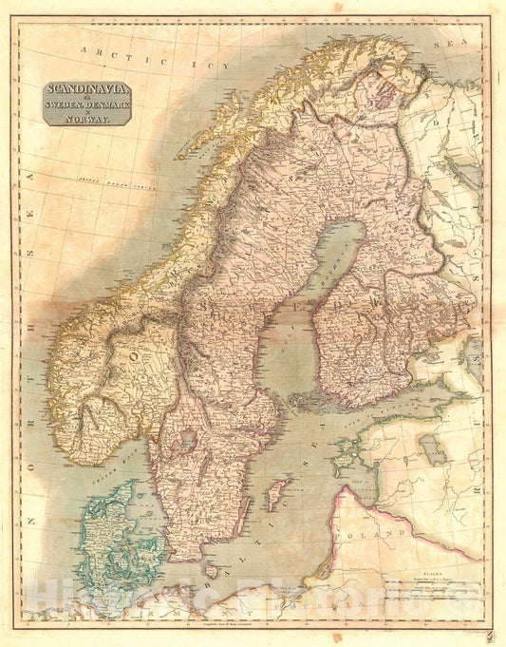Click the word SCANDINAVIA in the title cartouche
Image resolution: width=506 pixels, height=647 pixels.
(x=86, y=92)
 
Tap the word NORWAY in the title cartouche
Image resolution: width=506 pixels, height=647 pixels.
(x=86, y=119)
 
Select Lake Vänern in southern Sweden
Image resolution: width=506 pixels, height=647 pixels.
(x=186, y=441)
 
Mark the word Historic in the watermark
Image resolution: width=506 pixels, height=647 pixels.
(x=85, y=600)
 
